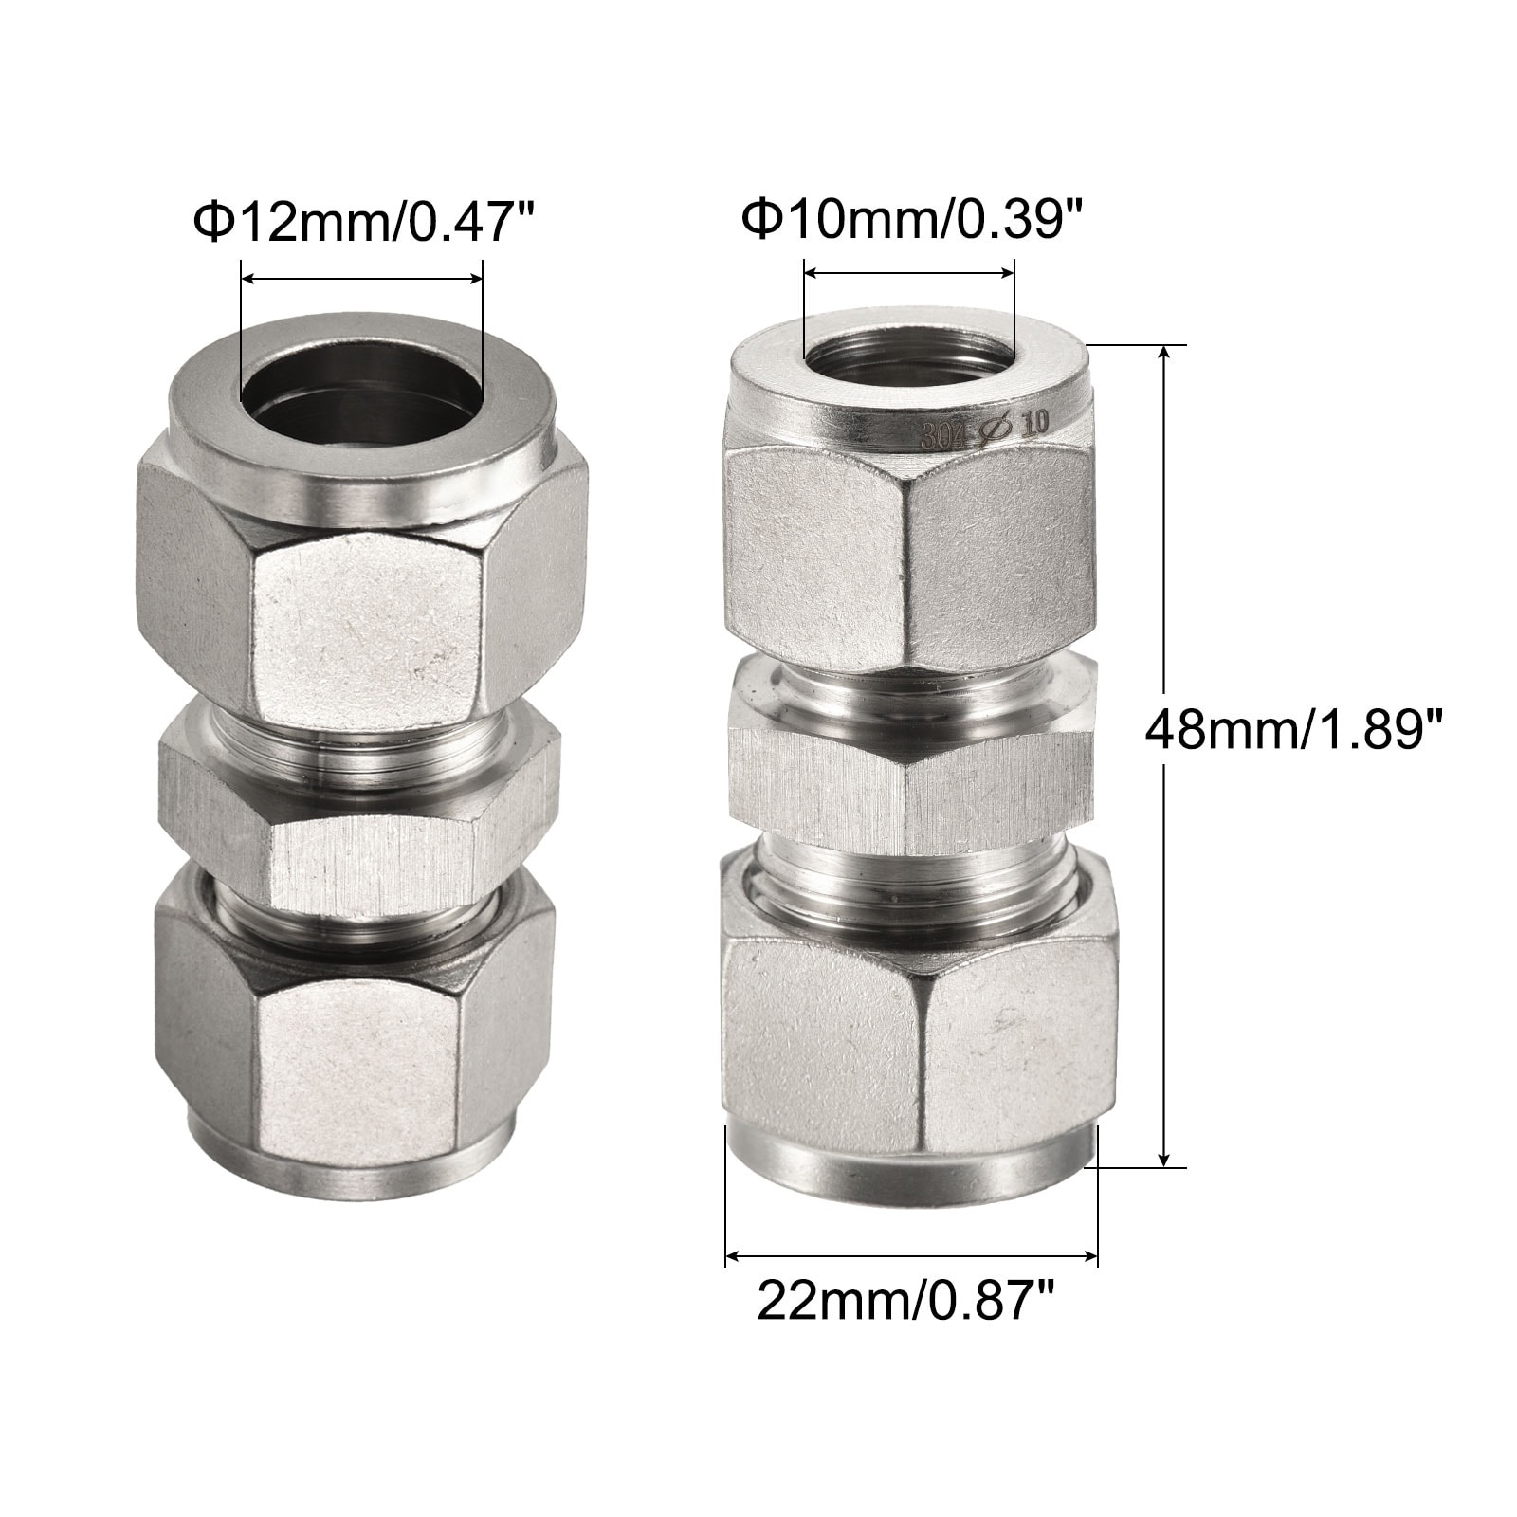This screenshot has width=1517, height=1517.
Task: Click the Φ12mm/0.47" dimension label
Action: [365, 223]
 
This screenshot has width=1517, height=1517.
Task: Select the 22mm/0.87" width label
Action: [905, 1302]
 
